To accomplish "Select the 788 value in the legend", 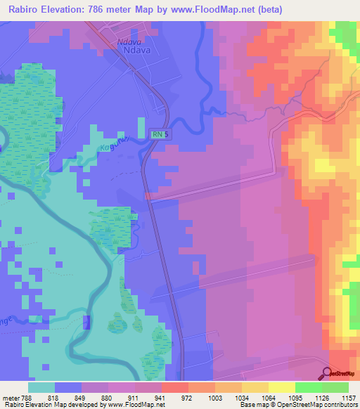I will tap(27, 398).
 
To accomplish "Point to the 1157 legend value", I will tap(349, 398).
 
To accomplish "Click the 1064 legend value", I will tap(268, 398).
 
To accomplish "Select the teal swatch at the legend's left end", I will tap(41, 387).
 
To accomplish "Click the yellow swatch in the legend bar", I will tap(281, 387).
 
